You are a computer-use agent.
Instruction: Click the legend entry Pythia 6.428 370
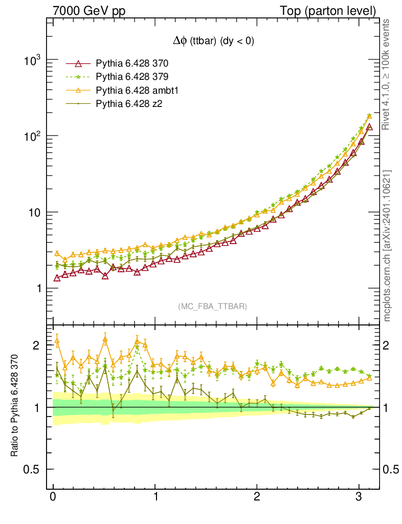pos(132,64)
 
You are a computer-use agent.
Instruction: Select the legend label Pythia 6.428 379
pos(132,77)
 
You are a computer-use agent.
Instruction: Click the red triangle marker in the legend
pos(78,64)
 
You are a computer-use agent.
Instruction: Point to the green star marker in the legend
pos(78,77)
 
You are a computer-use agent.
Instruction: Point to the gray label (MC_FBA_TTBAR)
pos(213,307)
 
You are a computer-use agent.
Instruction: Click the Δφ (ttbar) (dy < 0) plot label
pos(213,42)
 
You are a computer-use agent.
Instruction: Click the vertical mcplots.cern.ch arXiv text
pos(388,246)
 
